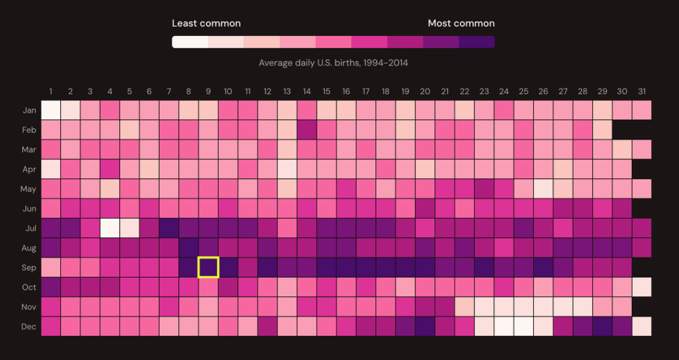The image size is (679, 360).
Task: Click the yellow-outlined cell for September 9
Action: (208, 267)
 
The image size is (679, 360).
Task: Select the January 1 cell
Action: (51, 110)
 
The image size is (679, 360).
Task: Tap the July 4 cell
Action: (110, 228)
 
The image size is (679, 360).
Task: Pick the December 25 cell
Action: (524, 326)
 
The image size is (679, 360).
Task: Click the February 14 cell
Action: (307, 130)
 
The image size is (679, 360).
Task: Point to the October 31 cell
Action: (642, 287)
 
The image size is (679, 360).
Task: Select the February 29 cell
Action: (602, 130)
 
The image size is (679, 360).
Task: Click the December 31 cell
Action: (642, 326)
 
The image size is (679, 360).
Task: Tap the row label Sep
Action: (29, 268)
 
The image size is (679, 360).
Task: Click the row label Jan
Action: (29, 111)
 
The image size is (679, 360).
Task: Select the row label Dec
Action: (29, 327)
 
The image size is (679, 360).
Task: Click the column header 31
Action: (642, 91)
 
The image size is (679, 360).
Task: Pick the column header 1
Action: (51, 91)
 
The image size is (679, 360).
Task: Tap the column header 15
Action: (326, 91)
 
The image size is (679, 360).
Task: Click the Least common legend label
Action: (206, 23)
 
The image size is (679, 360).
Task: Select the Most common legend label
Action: (461, 23)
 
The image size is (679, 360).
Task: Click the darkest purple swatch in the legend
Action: (477, 42)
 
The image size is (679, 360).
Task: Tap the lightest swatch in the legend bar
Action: (190, 42)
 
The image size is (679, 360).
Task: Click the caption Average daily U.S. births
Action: (333, 63)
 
